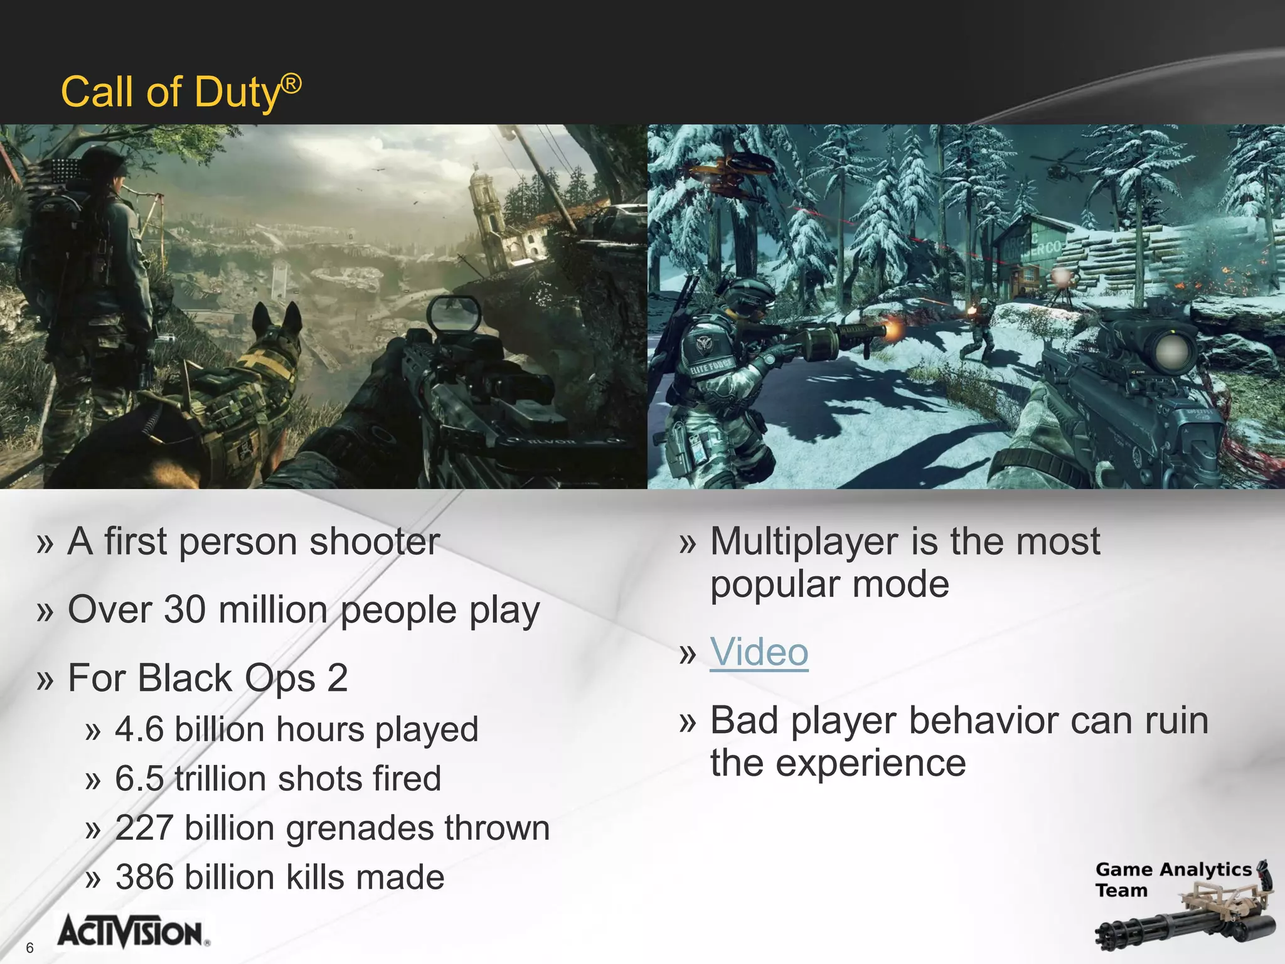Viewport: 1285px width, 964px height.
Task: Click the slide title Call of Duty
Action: [181, 92]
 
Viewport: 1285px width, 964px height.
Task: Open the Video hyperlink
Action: [759, 652]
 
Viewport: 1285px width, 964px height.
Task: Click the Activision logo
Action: [132, 932]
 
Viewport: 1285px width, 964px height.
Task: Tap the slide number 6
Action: [29, 948]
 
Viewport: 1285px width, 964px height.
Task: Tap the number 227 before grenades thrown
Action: [144, 828]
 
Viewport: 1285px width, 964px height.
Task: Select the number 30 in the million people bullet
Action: [184, 610]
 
